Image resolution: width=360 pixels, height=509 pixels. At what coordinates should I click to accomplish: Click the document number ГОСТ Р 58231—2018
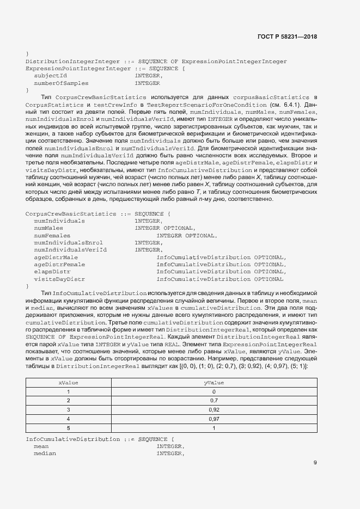coord(286,36)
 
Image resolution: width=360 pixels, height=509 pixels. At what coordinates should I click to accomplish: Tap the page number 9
coord(315,463)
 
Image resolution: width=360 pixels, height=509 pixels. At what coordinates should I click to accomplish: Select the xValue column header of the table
coord(69,383)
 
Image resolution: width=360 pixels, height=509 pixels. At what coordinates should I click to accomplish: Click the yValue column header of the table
coord(214,383)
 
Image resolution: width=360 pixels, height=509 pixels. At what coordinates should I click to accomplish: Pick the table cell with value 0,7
coord(214,400)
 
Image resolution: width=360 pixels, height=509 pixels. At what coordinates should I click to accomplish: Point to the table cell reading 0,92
coord(214,409)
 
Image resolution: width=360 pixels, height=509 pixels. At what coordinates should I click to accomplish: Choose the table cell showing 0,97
coord(214,418)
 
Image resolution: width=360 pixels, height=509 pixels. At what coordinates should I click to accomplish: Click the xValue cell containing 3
coord(69,409)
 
